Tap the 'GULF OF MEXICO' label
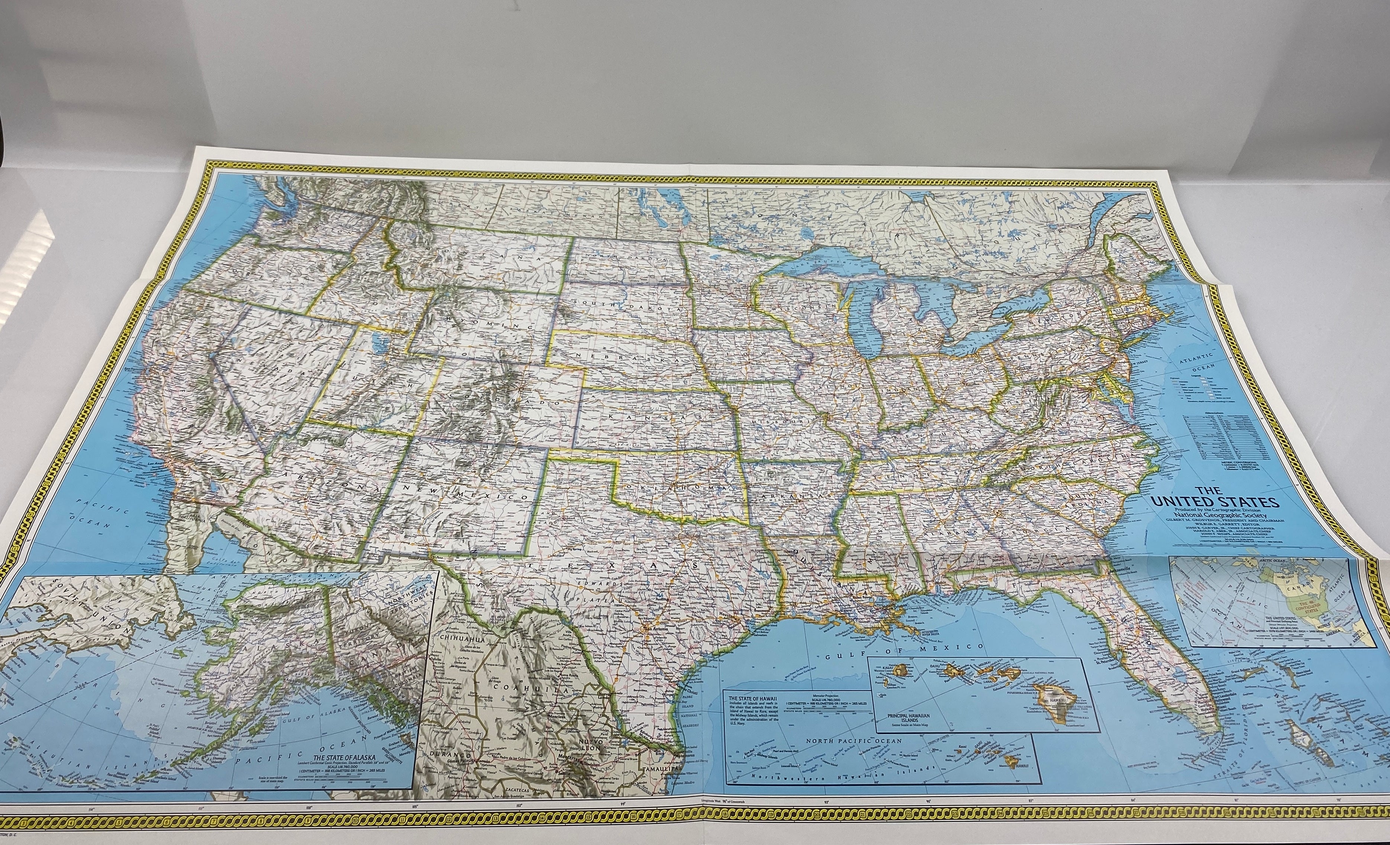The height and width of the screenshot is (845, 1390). pyautogui.click(x=903, y=648)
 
